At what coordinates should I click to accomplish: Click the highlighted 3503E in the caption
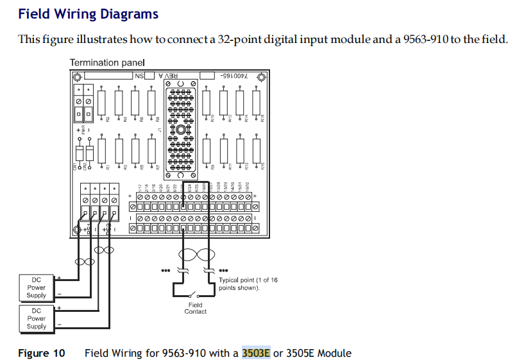point(256,353)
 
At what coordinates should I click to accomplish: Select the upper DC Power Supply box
point(37,287)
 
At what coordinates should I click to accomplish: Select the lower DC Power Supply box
point(37,318)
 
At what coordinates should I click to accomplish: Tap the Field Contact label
point(196,308)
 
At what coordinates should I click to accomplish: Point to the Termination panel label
point(106,63)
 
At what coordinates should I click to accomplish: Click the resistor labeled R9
point(206,151)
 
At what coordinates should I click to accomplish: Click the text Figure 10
point(42,353)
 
